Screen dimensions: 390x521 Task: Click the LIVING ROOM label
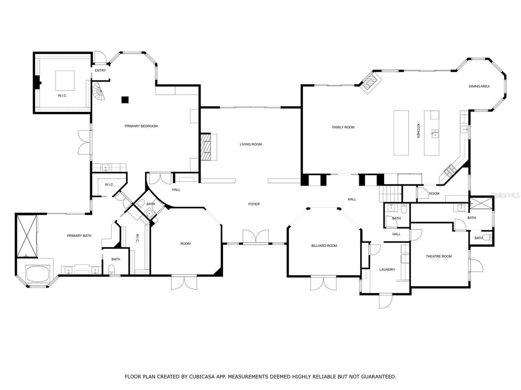[x=250, y=144]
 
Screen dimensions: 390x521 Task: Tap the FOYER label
[x=254, y=204]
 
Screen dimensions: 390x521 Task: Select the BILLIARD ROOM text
[x=324, y=245]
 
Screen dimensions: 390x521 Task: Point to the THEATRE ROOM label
[x=439, y=256]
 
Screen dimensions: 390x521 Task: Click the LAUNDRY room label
[x=387, y=269]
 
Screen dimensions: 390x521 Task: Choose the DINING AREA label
[x=479, y=86]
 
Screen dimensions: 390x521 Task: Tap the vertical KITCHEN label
[x=418, y=131]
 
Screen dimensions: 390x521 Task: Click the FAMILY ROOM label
[x=343, y=127]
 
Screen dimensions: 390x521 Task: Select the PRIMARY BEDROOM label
[x=141, y=126]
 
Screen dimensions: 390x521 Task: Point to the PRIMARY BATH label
[x=79, y=236]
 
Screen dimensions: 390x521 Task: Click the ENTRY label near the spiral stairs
[x=100, y=70]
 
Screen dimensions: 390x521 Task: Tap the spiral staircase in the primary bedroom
[x=99, y=92]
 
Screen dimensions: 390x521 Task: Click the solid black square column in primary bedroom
[x=125, y=100]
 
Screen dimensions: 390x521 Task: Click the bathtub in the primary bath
[x=38, y=274]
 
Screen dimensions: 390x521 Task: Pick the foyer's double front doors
[x=256, y=237]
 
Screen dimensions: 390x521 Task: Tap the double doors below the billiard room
[x=324, y=283]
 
